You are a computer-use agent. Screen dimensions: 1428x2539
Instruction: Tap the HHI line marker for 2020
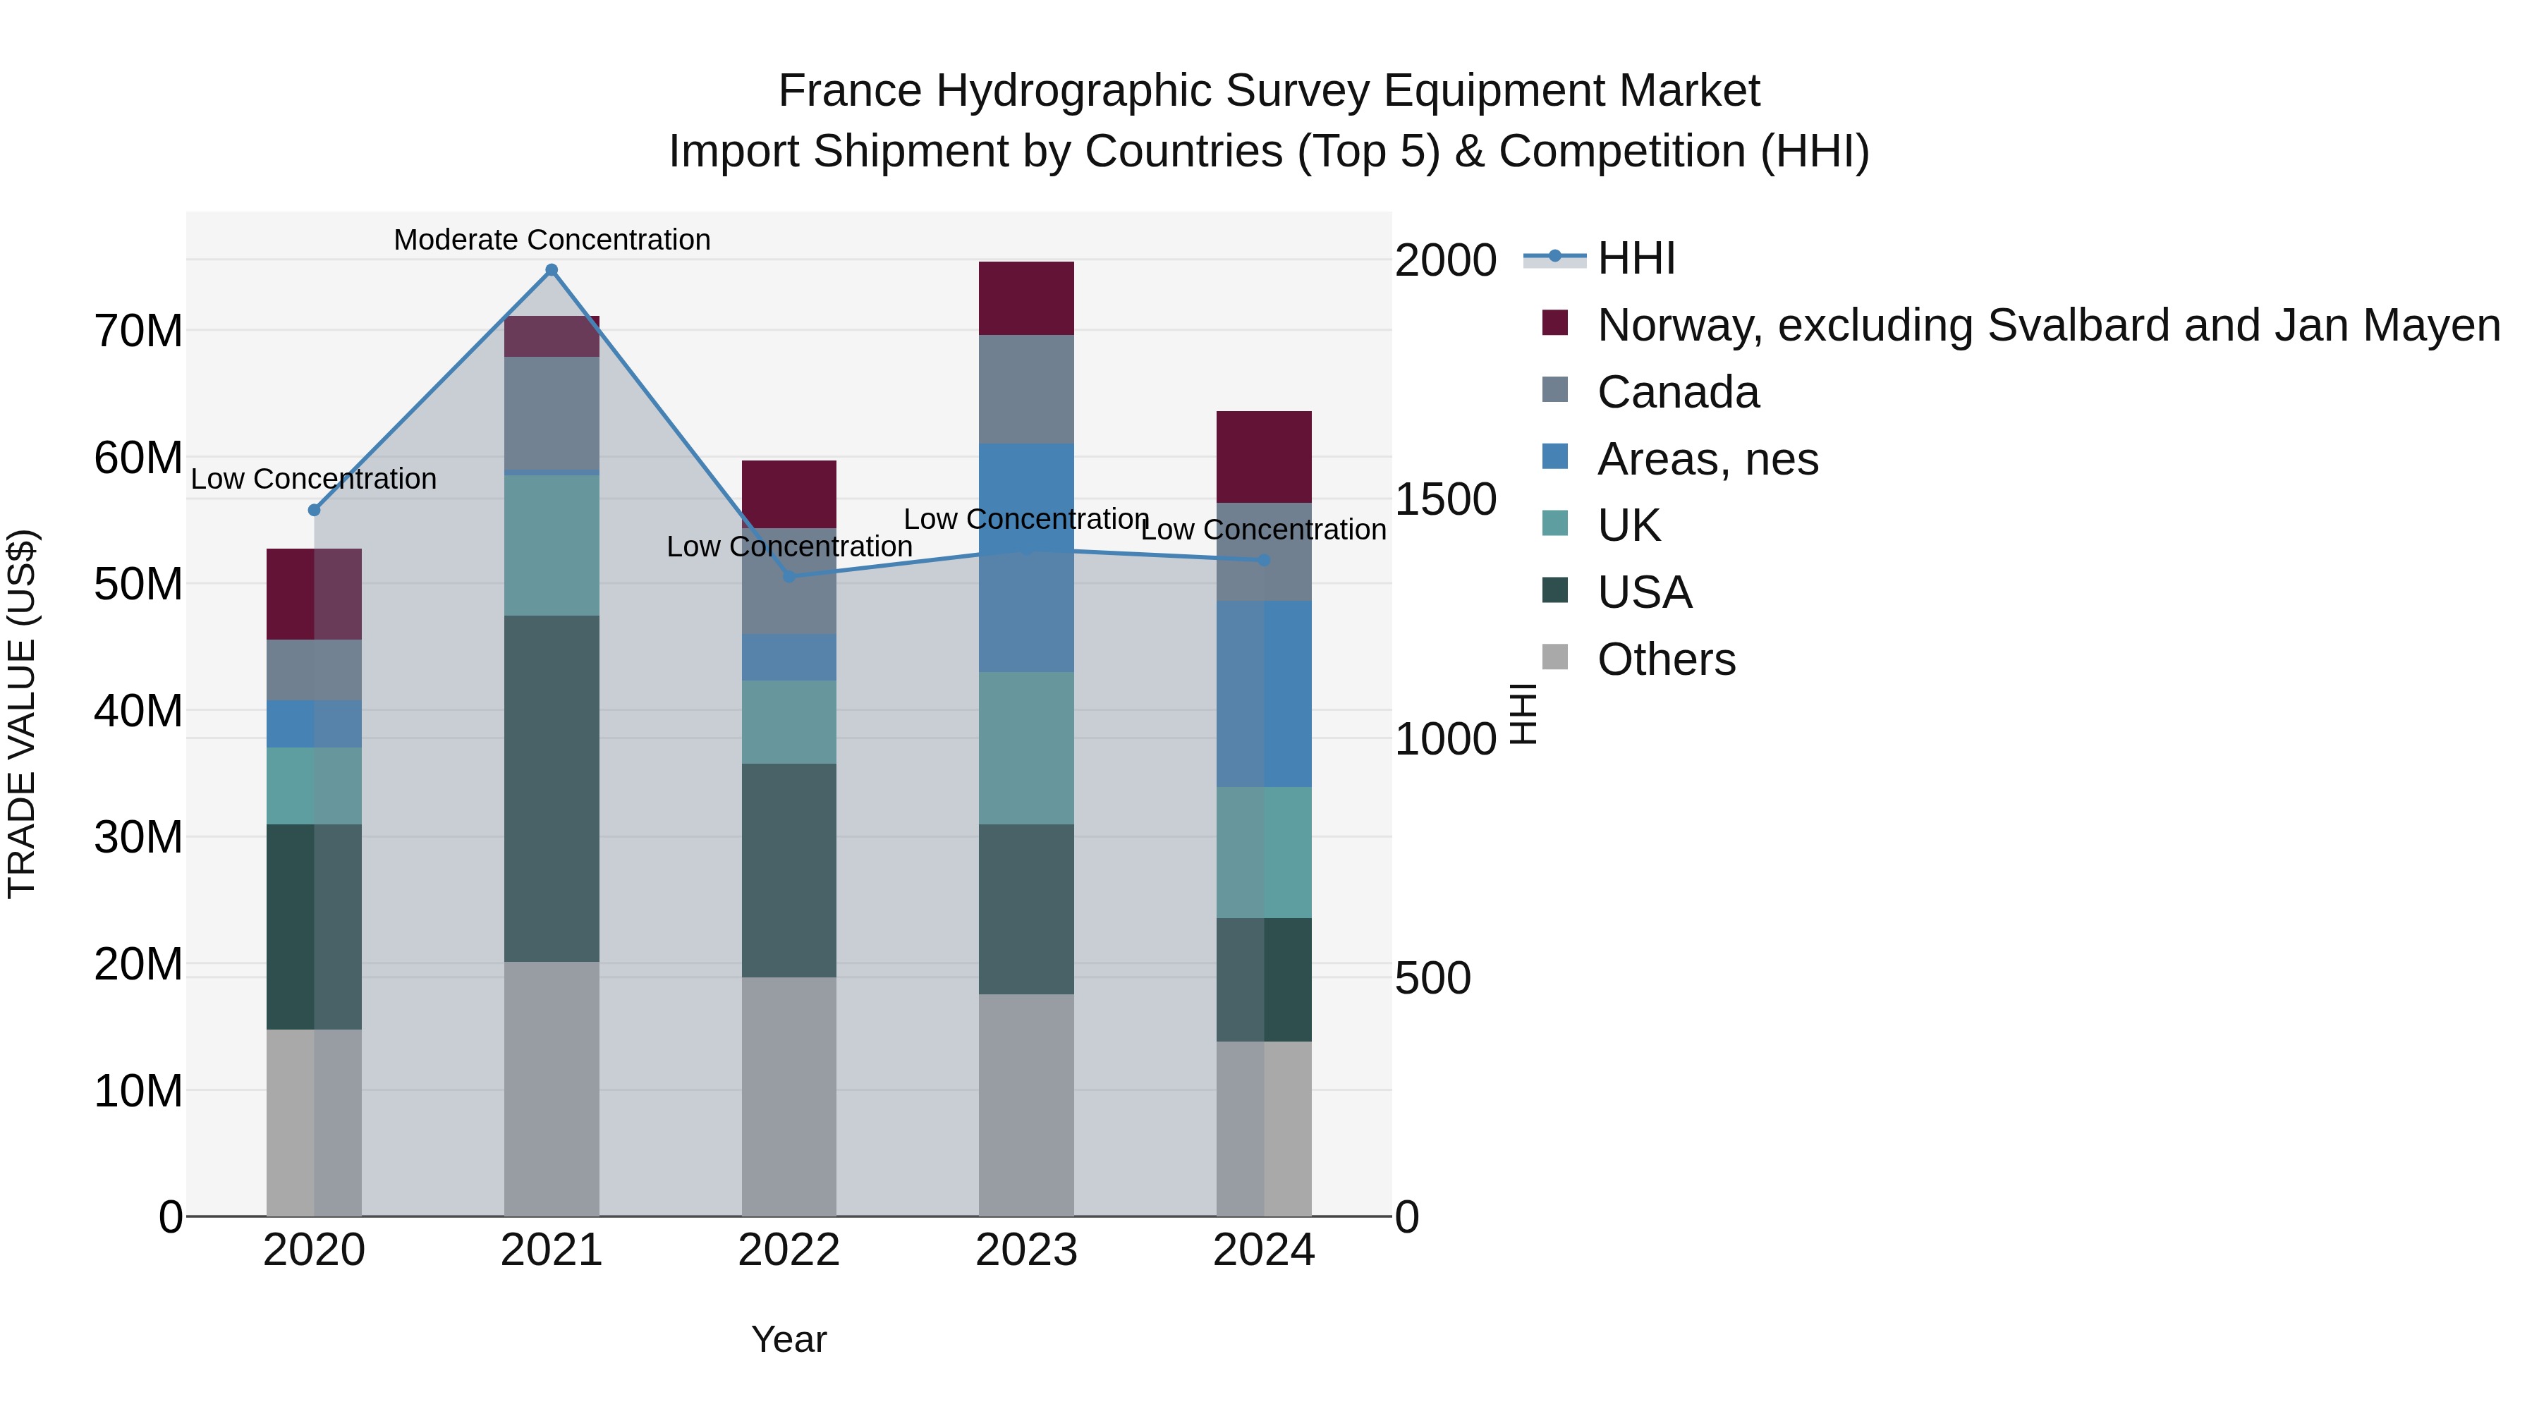[315, 511]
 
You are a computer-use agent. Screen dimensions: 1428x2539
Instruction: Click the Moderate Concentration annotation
[552, 240]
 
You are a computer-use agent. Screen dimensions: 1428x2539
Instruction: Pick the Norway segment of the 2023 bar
[1026, 298]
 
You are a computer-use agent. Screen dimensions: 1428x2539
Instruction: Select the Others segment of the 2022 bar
[789, 1096]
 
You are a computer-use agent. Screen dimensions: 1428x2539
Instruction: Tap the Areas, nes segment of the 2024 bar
[1264, 695]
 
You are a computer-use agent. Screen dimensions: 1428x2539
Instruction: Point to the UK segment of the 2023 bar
[1026, 748]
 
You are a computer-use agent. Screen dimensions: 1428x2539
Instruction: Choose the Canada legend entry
[1678, 392]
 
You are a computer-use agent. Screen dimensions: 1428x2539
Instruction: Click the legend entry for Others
[1666, 659]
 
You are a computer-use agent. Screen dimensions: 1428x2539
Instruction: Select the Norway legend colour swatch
[1554, 323]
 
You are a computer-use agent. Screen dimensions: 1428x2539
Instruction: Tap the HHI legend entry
[1636, 258]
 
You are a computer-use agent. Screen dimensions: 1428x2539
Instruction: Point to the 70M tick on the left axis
[138, 331]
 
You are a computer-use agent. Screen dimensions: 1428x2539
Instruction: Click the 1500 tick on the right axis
[1445, 500]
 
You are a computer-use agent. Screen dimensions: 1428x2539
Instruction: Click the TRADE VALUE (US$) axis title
[22, 714]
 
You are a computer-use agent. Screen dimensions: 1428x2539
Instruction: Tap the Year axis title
[789, 1339]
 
